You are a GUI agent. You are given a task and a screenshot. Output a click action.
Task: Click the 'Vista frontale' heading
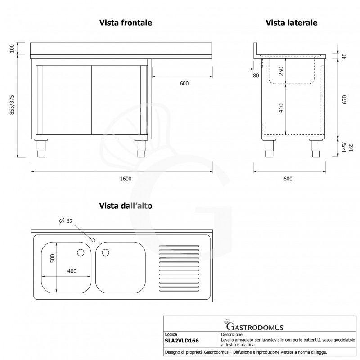(125, 22)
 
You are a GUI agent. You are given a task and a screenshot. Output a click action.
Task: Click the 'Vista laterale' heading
(292, 22)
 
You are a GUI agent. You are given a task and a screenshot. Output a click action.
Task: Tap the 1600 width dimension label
(126, 179)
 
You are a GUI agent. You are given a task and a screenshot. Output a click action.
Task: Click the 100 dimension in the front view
(12, 49)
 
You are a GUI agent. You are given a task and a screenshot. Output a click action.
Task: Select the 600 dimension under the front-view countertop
(184, 83)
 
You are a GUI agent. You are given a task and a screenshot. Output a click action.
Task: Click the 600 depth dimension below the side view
(288, 179)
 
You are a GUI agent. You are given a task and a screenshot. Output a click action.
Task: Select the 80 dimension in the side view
(256, 76)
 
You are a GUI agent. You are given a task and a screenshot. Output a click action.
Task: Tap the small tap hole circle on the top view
(93, 240)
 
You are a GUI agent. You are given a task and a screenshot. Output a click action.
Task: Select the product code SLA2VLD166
(182, 341)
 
